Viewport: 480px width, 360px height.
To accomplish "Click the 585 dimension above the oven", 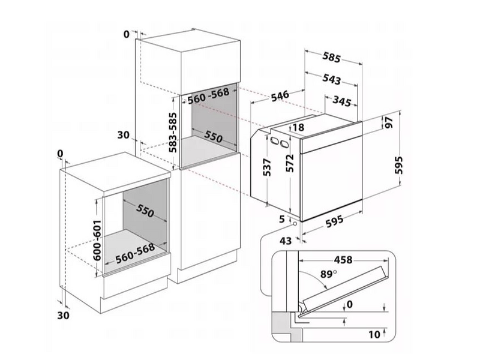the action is point(332,57).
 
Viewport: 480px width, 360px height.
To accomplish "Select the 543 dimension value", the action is point(332,79).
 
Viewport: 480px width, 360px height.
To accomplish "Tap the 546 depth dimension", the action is point(280,96).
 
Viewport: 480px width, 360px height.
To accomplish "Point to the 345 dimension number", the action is point(341,101).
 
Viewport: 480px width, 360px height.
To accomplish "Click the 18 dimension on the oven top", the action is point(298,127).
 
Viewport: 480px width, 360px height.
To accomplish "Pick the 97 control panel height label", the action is point(389,123).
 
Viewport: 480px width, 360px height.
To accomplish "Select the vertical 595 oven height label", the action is point(398,166).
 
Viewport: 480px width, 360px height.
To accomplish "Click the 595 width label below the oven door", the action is point(334,221).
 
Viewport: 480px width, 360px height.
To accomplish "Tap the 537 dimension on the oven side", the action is point(267,167).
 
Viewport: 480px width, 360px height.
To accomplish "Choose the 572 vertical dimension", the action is point(290,163).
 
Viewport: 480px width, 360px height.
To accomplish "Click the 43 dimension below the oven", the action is point(286,241).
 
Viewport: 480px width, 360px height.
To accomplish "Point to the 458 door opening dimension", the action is point(343,260).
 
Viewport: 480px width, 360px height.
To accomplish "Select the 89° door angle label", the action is point(328,274).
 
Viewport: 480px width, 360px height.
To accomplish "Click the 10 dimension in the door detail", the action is point(374,335).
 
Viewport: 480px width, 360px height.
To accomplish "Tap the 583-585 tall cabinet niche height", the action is point(173,132).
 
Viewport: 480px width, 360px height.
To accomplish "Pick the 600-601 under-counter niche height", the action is point(97,240).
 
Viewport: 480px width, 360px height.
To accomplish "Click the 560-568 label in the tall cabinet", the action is point(208,95).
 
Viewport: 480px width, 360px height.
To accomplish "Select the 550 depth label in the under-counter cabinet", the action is point(145,211).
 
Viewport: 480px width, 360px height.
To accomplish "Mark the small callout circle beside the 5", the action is point(295,224).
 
